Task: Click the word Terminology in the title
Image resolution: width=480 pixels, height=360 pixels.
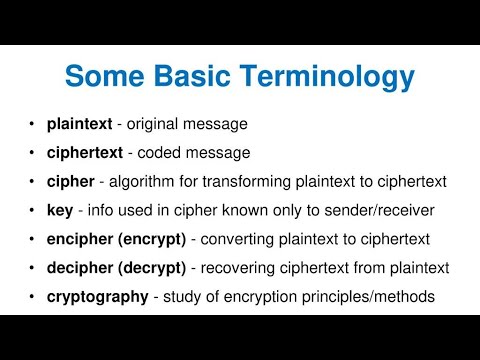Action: tap(329, 77)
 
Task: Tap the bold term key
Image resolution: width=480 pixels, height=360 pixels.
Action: tap(59, 210)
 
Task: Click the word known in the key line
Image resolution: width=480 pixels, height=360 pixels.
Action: tap(254, 210)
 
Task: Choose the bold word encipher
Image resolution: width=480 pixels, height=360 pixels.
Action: tap(78, 239)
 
